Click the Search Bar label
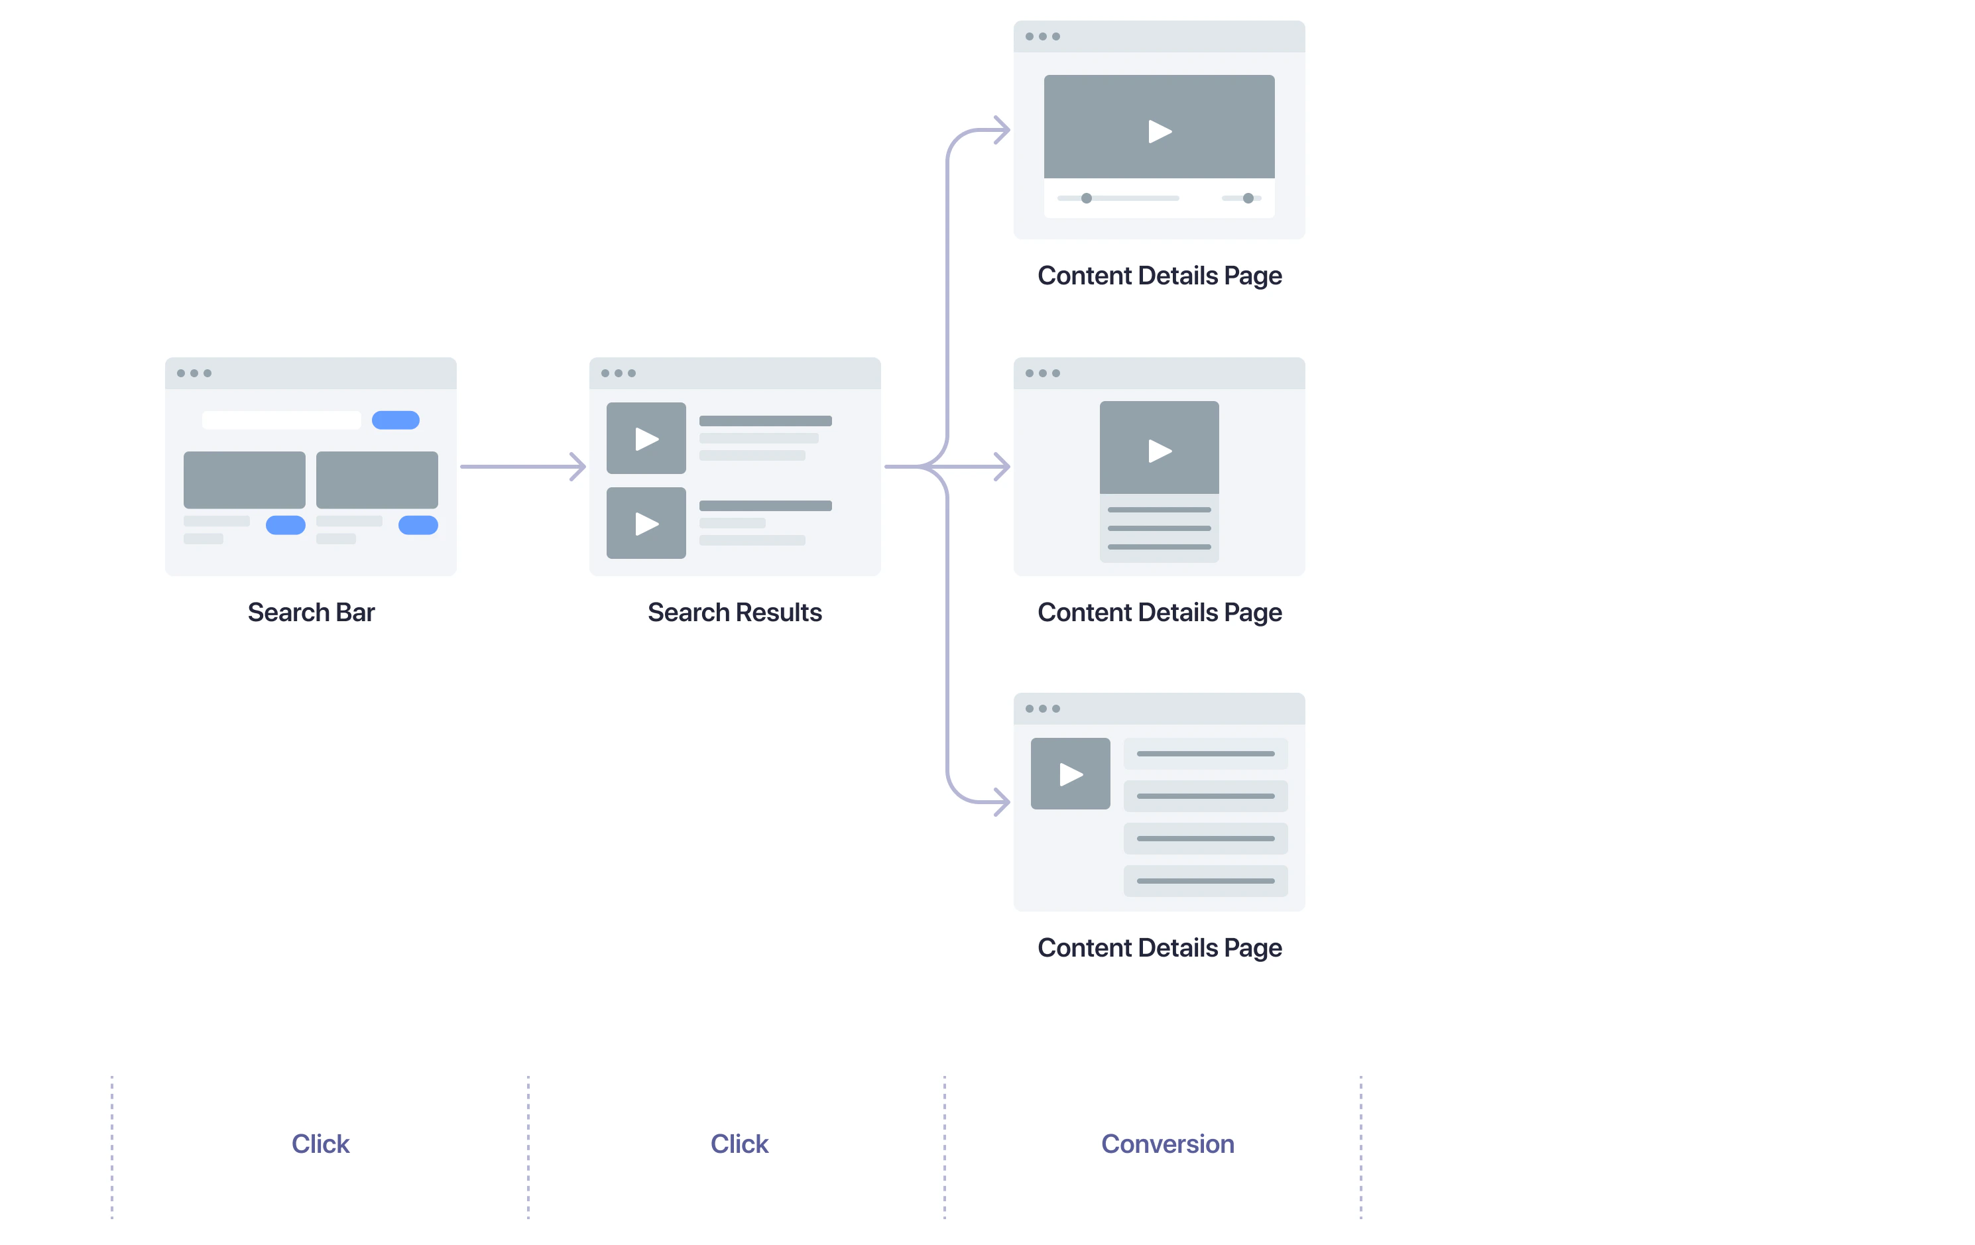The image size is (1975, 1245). [x=311, y=612]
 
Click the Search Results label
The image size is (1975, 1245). [x=734, y=612]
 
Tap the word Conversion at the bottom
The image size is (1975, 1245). [x=1167, y=1144]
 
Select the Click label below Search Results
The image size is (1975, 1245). [x=739, y=1144]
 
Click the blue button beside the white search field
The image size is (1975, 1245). [x=395, y=420]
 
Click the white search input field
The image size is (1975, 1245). [x=281, y=420]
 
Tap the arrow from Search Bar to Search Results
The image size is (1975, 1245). [x=522, y=467]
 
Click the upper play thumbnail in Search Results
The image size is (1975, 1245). [x=646, y=438]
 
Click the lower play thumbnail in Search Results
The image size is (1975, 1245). [x=646, y=523]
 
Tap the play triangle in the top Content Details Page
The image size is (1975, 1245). [x=1159, y=131]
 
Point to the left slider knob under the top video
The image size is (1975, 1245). [x=1086, y=198]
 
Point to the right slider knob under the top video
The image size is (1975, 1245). [x=1248, y=198]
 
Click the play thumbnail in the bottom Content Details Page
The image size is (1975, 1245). [x=1070, y=774]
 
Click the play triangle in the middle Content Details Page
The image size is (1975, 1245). [x=1159, y=450]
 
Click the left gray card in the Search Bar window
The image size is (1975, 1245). [x=245, y=480]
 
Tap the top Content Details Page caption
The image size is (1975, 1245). [x=1159, y=276]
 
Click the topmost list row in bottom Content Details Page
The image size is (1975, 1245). [x=1205, y=754]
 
